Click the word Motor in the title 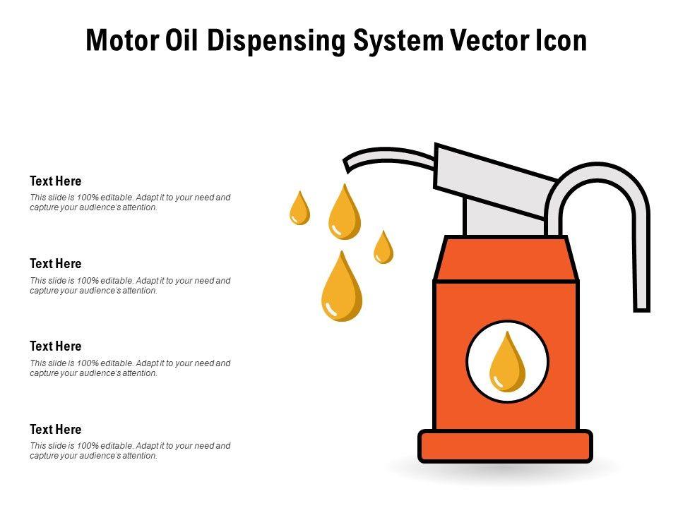[x=121, y=41]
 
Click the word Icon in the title [x=558, y=41]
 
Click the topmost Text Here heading [x=56, y=181]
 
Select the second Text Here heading [x=56, y=264]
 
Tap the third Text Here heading [x=56, y=346]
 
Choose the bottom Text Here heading [x=56, y=430]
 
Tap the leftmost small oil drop [x=300, y=210]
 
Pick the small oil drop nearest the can [x=383, y=249]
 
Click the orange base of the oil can [x=505, y=446]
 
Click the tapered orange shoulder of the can [x=506, y=259]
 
